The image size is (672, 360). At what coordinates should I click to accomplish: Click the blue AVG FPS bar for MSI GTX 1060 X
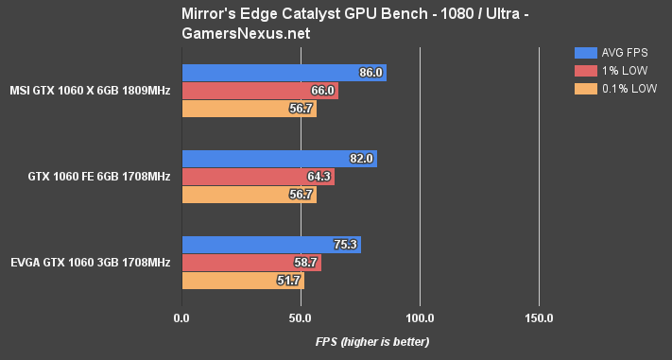click(x=284, y=73)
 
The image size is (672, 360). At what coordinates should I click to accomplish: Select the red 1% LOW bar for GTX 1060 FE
click(x=257, y=177)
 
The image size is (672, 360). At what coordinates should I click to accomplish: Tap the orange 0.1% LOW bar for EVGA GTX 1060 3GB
click(x=242, y=281)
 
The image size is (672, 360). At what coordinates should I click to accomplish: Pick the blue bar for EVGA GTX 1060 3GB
click(x=270, y=245)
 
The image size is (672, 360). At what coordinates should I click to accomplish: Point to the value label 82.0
click(x=363, y=159)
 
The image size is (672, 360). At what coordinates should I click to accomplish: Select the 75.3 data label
click(x=347, y=245)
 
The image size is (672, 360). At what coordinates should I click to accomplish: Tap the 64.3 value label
click(x=320, y=177)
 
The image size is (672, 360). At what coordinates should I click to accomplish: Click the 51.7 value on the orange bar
click(x=290, y=281)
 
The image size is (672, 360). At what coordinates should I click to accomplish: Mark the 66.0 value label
click(x=324, y=91)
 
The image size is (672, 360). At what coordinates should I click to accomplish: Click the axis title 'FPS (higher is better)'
click(x=372, y=341)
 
